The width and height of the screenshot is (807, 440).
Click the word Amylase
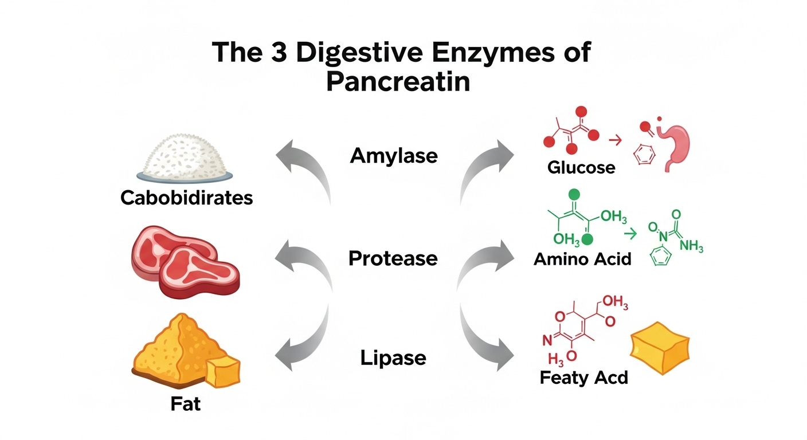(394, 155)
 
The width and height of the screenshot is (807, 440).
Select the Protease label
(393, 258)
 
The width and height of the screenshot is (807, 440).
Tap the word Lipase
(393, 358)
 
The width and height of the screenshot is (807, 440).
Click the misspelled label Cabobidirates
(187, 198)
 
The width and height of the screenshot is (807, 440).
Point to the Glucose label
(581, 167)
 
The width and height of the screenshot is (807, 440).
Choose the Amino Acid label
(582, 259)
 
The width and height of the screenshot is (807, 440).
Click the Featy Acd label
(583, 378)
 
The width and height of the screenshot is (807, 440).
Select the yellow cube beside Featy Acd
(659, 347)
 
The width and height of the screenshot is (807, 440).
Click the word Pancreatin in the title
(398, 81)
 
